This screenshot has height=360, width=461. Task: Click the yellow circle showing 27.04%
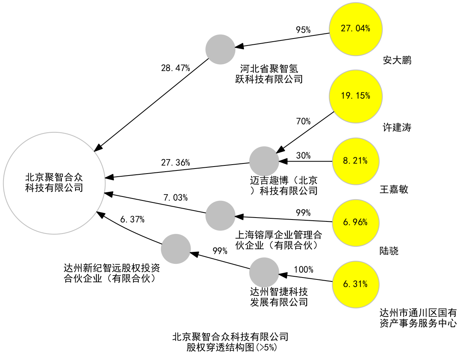tap(356, 29)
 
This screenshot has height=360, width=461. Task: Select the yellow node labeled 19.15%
tap(356, 96)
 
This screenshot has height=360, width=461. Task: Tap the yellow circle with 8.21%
tap(356, 161)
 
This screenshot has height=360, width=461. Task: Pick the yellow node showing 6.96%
tap(356, 223)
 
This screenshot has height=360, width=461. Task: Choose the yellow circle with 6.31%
tap(356, 284)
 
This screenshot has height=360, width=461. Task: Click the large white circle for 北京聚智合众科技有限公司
tap(54, 183)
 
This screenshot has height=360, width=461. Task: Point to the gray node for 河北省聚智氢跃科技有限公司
tap(220, 49)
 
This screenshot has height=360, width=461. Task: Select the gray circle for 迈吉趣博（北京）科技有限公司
tap(264, 161)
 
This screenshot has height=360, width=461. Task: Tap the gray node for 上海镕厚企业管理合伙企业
tap(220, 215)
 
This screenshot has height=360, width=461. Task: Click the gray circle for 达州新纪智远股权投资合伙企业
tap(176, 249)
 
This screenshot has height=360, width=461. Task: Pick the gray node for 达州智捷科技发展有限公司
tap(264, 272)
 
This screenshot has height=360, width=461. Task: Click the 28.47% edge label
tap(175, 68)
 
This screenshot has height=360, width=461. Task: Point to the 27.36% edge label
tap(175, 163)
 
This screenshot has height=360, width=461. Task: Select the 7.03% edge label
tap(175, 198)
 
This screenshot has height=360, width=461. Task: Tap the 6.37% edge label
tap(132, 220)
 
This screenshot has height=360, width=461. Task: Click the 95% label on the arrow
tap(303, 30)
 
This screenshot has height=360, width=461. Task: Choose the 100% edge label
tap(303, 269)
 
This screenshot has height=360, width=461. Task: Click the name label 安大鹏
tap(397, 60)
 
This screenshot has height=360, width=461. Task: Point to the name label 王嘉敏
tap(394, 190)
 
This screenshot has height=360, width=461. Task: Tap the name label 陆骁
tap(389, 251)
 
